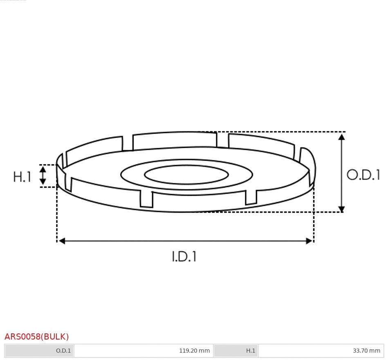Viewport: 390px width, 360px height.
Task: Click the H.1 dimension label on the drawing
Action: pyautogui.click(x=22, y=177)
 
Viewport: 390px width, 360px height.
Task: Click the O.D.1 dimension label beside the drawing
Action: pyautogui.click(x=363, y=175)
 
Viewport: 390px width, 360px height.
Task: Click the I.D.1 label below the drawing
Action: pyautogui.click(x=184, y=256)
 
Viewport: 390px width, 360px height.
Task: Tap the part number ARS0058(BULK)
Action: pyautogui.click(x=37, y=337)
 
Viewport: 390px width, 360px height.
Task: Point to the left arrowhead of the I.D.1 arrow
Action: pyautogui.click(x=61, y=241)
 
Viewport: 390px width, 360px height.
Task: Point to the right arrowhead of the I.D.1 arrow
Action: pyautogui.click(x=309, y=241)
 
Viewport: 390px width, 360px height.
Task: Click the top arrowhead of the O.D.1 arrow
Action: pyautogui.click(x=342, y=137)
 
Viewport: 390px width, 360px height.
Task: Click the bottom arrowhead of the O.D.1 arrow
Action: pyautogui.click(x=342, y=209)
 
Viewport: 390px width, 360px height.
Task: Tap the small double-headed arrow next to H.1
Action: pyautogui.click(x=43, y=175)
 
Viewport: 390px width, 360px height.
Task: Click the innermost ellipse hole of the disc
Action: pyautogui.click(x=186, y=175)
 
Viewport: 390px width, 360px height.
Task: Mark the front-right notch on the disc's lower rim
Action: pyautogui.click(x=251, y=197)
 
